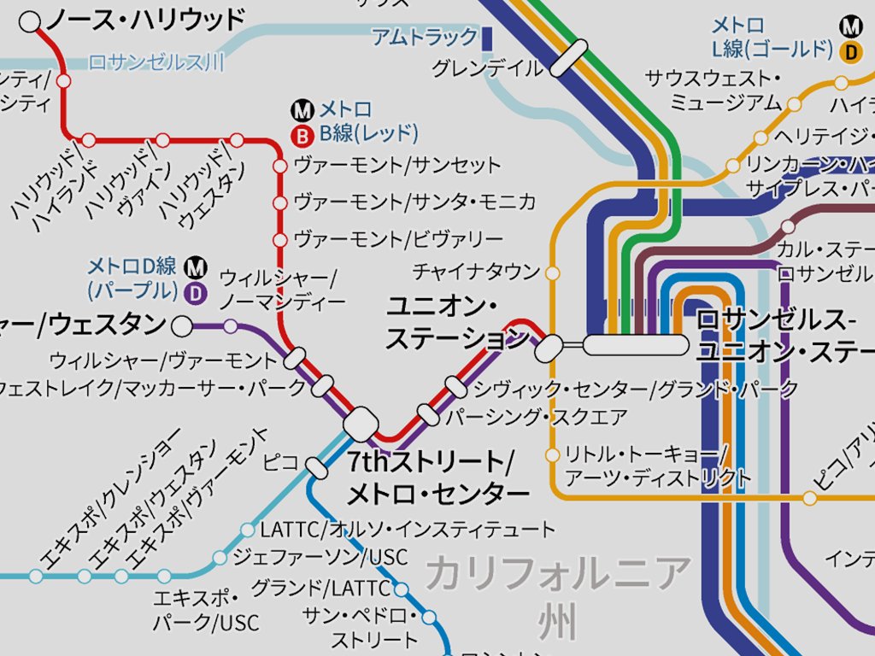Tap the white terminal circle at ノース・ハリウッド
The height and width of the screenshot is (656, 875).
click(30, 22)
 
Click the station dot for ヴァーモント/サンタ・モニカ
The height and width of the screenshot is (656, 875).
click(279, 203)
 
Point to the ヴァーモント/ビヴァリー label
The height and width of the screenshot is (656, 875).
click(398, 238)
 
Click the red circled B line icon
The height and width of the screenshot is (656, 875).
click(301, 133)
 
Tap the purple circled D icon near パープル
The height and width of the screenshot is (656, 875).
click(197, 293)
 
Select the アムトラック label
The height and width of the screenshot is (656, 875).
click(424, 37)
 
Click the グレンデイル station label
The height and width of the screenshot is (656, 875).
click(487, 68)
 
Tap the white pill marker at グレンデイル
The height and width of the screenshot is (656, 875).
click(569, 58)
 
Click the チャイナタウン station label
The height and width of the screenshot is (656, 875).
click(476, 272)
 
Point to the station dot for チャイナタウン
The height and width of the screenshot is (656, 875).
click(552, 273)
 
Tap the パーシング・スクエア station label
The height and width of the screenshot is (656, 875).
click(537, 418)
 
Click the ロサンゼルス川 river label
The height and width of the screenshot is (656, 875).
click(156, 62)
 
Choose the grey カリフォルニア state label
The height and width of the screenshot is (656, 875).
click(558, 573)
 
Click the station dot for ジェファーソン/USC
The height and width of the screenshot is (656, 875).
click(220, 558)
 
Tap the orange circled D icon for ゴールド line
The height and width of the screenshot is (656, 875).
click(850, 52)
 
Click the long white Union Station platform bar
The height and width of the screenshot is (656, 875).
click(636, 344)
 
